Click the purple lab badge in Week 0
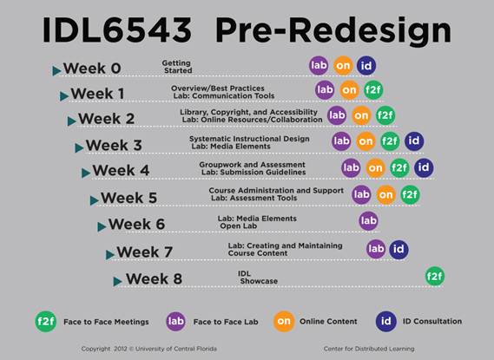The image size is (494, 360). point(319,65)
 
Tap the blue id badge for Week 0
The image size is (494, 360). point(366,65)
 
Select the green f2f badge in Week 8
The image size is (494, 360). point(434,277)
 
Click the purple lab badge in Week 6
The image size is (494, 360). point(368,220)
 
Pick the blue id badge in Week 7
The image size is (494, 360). point(398,249)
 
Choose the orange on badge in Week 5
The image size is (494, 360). point(386,195)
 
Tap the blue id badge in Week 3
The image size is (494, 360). point(414,141)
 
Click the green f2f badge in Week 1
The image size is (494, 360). point(373,90)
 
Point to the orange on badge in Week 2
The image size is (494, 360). point(361,115)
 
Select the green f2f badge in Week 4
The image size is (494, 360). point(399,167)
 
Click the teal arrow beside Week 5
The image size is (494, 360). point(95,200)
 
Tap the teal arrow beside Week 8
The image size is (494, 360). point(117,281)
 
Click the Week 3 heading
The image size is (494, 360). point(114,145)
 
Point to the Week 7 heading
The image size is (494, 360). point(145,252)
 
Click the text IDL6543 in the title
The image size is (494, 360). point(117,30)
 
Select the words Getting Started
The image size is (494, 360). point(177,67)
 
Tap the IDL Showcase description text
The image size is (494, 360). point(258,278)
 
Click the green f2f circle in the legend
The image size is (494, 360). point(46,321)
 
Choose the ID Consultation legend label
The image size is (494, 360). point(432,321)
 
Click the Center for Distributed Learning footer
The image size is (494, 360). point(369,349)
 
